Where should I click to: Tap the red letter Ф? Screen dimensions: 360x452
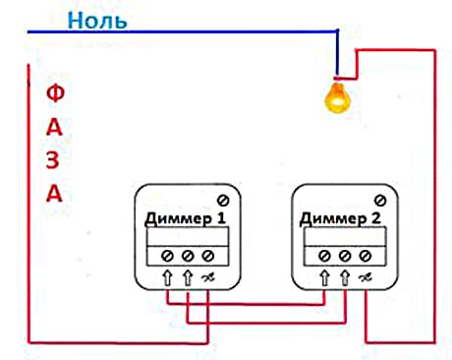click(x=56, y=94)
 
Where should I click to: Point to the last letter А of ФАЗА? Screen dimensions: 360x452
click(x=55, y=194)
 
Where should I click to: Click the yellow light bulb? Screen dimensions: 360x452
click(x=337, y=96)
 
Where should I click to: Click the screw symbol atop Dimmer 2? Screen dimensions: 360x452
click(x=380, y=200)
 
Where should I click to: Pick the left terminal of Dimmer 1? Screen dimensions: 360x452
click(x=165, y=256)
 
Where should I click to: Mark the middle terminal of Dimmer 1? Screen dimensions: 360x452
click(x=187, y=256)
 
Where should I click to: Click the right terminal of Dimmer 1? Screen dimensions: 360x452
click(x=207, y=256)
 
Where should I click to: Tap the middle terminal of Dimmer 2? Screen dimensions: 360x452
click(x=344, y=256)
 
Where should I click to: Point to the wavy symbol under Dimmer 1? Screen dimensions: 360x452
click(x=208, y=279)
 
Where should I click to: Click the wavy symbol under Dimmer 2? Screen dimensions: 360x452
click(x=366, y=279)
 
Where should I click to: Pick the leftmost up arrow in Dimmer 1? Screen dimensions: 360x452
click(x=165, y=279)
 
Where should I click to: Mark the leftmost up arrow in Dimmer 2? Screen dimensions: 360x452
click(x=322, y=279)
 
